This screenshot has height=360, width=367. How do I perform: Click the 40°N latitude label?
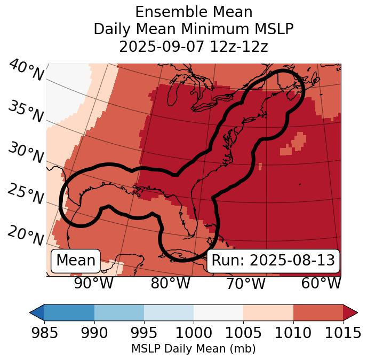26,71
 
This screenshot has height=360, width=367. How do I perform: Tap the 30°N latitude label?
26,153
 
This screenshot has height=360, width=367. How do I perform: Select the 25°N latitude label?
26,194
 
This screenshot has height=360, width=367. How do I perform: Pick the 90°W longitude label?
94,283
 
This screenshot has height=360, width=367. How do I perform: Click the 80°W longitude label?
170,283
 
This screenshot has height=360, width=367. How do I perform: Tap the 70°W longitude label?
246,283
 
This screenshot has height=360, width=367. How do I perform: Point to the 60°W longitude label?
321,283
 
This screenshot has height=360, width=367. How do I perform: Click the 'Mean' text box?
76,261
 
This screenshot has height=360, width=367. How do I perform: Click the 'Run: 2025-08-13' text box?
273,261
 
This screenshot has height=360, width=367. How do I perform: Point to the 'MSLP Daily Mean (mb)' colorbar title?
193,349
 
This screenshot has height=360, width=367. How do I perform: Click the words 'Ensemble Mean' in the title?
194,12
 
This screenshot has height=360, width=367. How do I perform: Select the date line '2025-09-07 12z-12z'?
194,46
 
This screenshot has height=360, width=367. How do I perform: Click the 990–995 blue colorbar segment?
119,312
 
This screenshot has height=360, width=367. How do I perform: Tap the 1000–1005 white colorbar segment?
218,312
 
